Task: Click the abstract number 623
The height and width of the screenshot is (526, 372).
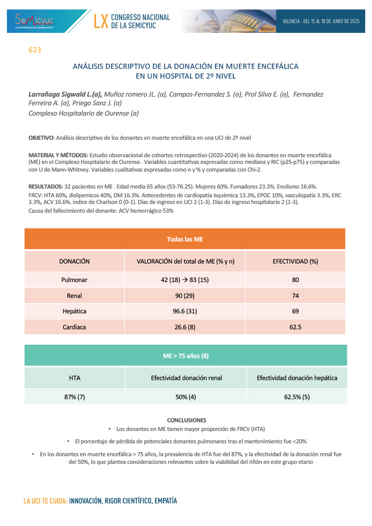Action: pos(34,50)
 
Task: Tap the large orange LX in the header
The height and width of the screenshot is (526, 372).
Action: pos(101,21)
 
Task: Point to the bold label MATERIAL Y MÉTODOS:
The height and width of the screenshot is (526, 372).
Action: pos(58,155)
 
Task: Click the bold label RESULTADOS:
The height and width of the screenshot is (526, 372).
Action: pos(46,186)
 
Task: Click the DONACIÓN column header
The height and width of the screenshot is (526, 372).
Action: pos(75,261)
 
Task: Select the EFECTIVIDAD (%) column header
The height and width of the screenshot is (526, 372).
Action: pos(295,261)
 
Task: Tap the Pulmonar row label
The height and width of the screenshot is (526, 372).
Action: pos(75,280)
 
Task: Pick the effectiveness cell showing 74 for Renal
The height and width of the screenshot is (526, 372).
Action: pos(295,296)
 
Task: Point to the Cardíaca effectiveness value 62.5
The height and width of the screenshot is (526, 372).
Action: pos(295,327)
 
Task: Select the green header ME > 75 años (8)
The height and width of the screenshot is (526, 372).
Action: pos(185,355)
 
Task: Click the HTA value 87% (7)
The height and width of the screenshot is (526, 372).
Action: pos(75,397)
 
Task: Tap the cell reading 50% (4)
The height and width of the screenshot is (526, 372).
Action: pos(186,397)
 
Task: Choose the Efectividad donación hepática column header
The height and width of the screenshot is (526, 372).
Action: pos(297,378)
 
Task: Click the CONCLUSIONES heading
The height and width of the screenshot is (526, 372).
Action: pos(187,420)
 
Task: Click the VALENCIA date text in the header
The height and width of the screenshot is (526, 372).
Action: pos(321,21)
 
